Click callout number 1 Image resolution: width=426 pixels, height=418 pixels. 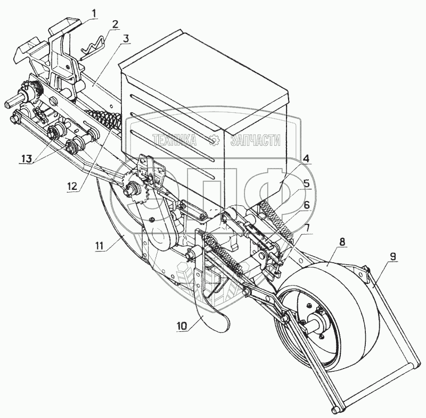pos(94,12)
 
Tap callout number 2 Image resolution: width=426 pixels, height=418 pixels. pos(116,24)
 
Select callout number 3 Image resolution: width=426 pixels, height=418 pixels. pos(125,38)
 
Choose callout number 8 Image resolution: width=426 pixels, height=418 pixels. pos(341,241)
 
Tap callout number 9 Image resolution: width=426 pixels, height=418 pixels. pos(392,256)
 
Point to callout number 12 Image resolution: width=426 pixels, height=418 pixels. pos(71,186)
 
